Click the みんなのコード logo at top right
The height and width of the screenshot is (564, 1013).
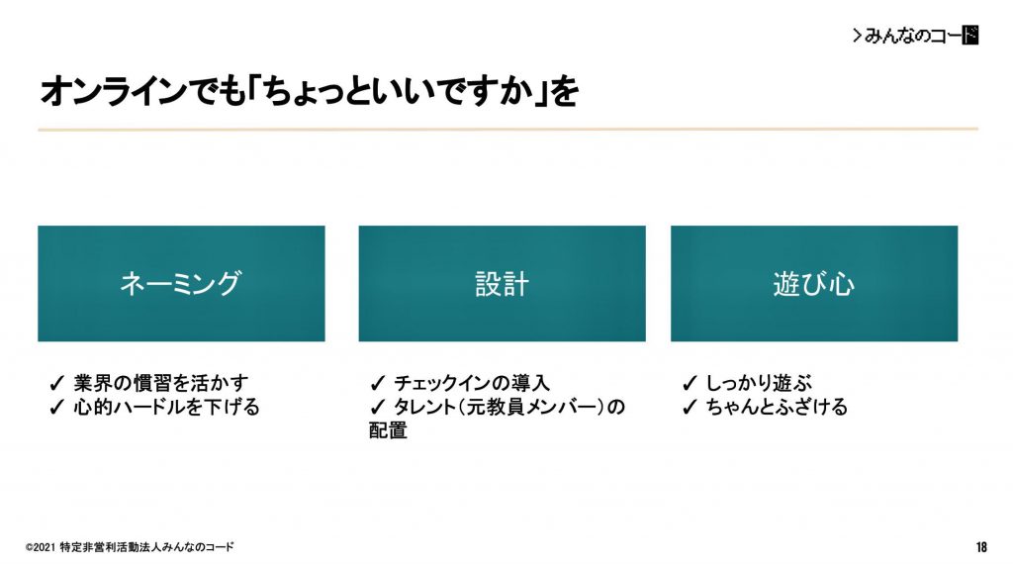click(x=915, y=35)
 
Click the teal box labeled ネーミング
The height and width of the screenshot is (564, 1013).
click(x=182, y=284)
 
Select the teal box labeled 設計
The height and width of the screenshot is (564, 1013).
click(x=502, y=284)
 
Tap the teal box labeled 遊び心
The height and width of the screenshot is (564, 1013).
click(x=814, y=284)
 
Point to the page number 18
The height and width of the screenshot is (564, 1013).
click(x=981, y=547)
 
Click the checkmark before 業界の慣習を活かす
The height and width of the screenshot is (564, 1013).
click(x=56, y=383)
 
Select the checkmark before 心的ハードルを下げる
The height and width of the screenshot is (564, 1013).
click(x=56, y=407)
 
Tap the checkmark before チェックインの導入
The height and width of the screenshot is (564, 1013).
click(x=377, y=383)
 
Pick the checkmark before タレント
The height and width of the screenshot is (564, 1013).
click(x=377, y=407)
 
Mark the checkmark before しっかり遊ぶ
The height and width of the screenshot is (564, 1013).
click(x=690, y=383)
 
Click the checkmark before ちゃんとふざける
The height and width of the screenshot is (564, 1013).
click(x=690, y=407)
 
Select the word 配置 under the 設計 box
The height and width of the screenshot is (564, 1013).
click(x=388, y=430)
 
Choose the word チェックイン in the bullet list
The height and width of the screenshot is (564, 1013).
click(x=434, y=383)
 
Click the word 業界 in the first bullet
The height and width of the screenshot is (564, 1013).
click(x=92, y=383)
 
